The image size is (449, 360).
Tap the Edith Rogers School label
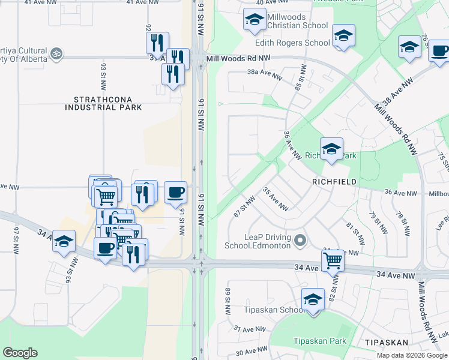pos(292,43)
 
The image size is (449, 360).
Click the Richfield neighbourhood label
pos(334,181)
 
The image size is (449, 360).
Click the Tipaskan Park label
pos(320,341)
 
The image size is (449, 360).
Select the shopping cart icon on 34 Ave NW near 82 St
pos(333,260)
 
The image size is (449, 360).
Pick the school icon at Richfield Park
pos(331,149)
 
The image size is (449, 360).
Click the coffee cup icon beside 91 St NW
pos(175,192)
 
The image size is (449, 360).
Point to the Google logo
pos(20,352)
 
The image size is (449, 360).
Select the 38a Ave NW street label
pos(265,75)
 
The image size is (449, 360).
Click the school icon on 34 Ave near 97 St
pos(64,241)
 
